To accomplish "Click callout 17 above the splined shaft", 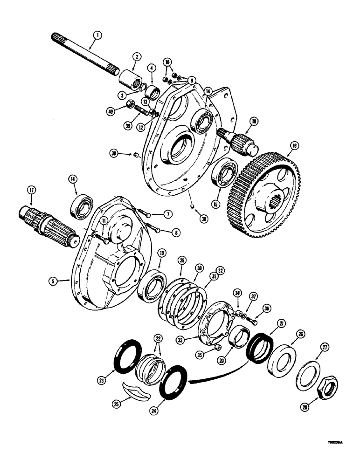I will pyautogui.click(x=31, y=190).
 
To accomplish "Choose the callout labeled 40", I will pyautogui.click(x=123, y=111).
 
